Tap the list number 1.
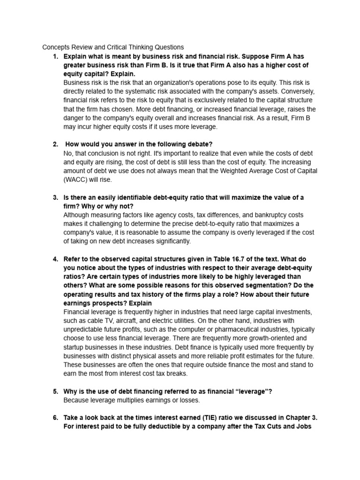(x=55, y=56)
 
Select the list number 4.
(x=55, y=259)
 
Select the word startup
(x=76, y=347)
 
